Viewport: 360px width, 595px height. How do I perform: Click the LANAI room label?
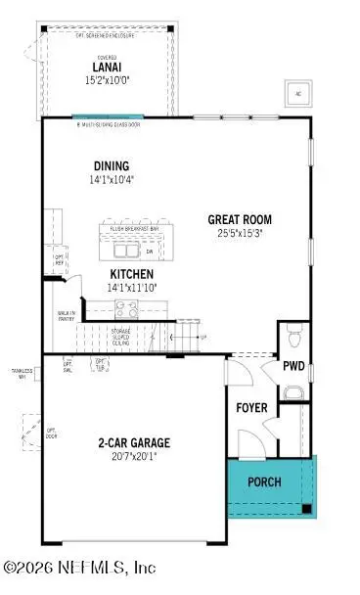108,67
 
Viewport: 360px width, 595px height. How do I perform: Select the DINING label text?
112,166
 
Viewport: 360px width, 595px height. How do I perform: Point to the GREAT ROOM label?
240,219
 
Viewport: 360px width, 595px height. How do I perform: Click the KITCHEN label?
131,274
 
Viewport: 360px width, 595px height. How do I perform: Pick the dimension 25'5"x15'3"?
240,234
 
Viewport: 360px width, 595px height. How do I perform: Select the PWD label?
293,367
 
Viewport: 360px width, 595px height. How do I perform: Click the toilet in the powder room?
295,340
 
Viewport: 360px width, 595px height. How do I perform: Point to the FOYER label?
252,406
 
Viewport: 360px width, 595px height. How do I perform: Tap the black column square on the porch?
308,508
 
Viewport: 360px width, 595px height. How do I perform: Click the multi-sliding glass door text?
110,124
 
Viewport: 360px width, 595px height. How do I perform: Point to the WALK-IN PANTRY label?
67,316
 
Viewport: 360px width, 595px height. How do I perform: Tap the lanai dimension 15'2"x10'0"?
108,80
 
